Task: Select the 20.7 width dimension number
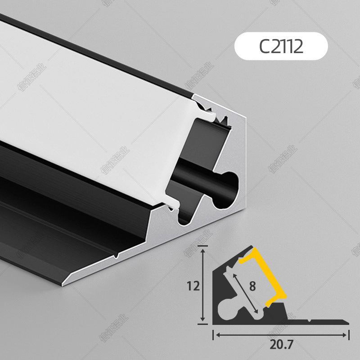point(283,345)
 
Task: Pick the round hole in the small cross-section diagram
point(225,310)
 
